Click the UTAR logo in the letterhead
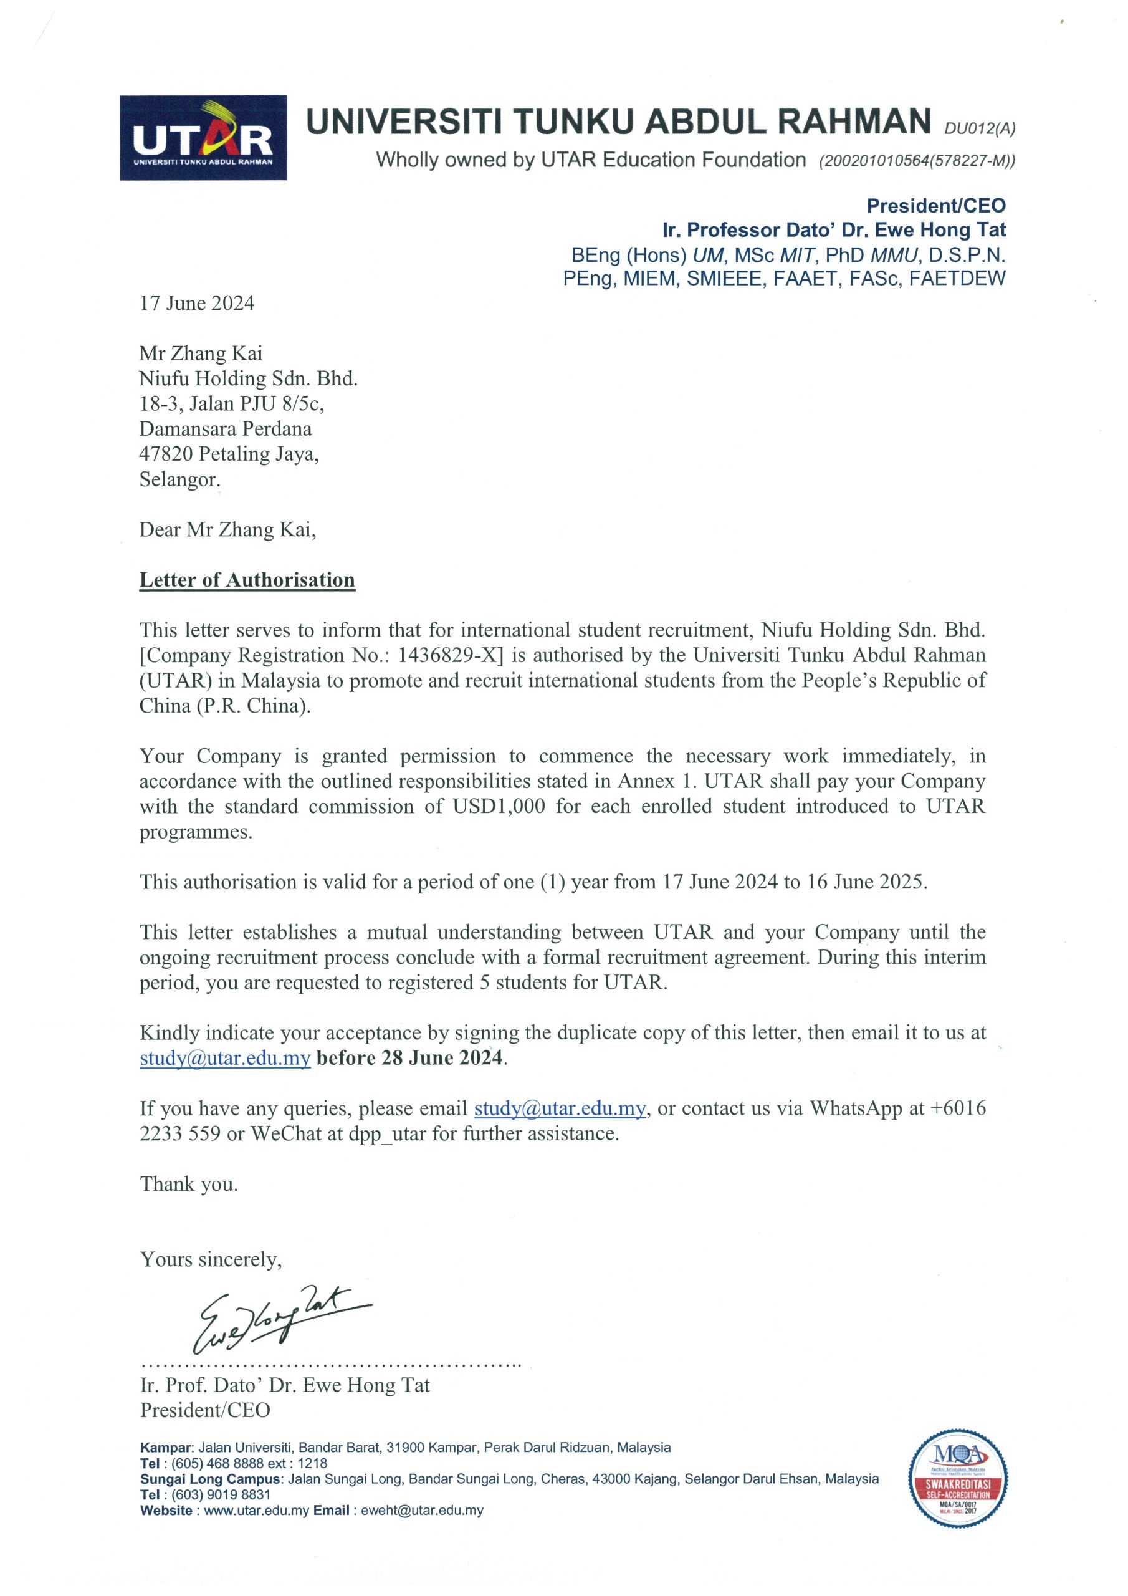[x=203, y=138]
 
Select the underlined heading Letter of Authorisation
[x=247, y=580]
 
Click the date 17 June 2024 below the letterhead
[x=197, y=303]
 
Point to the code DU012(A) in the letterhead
[x=979, y=128]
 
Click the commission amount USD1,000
[x=499, y=806]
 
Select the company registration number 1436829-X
[x=452, y=655]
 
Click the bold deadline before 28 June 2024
[x=410, y=1058]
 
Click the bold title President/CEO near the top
[x=935, y=206]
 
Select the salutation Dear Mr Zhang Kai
[x=227, y=530]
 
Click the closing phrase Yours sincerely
[x=211, y=1259]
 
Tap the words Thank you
[x=188, y=1184]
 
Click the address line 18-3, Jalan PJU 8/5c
[x=231, y=403]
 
